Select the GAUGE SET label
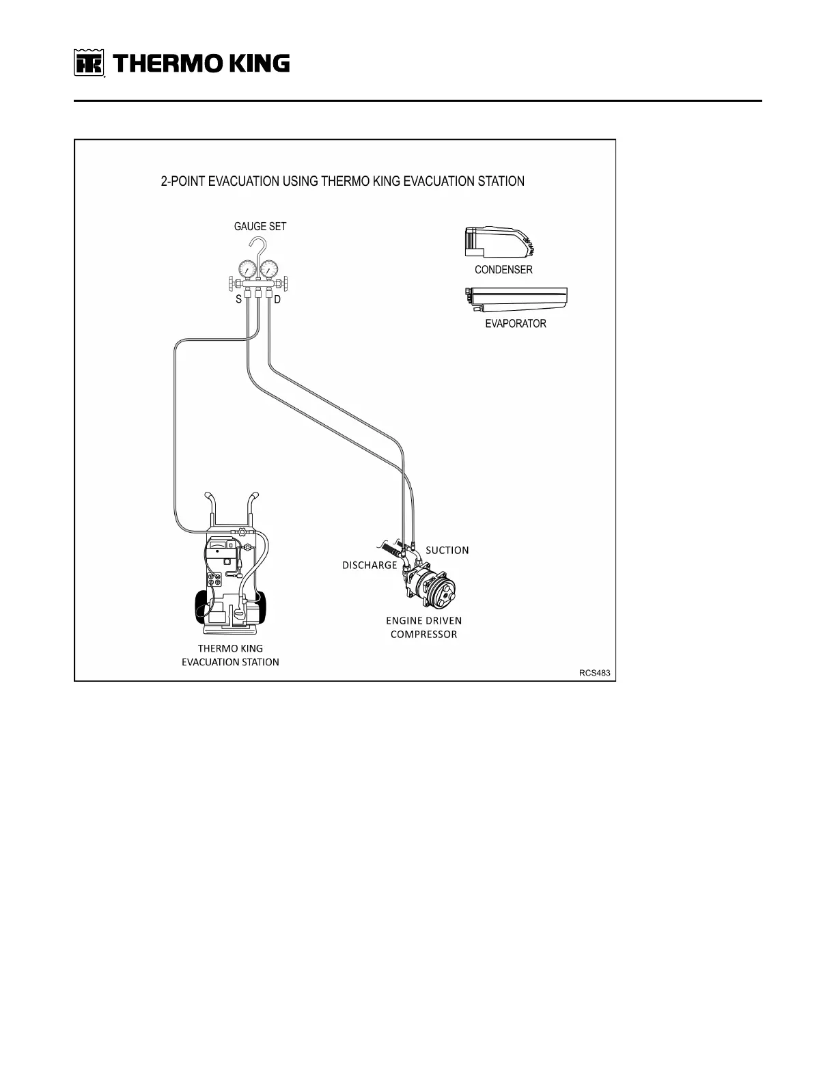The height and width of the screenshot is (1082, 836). point(260,227)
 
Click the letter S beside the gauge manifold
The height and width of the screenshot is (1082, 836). point(239,300)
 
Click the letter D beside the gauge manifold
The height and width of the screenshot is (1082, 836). point(278,300)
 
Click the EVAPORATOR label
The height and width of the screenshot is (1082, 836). point(516,324)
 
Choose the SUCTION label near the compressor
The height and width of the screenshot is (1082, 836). point(447,550)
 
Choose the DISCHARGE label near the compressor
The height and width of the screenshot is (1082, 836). point(370,565)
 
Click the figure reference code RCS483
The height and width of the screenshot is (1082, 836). point(594,673)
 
